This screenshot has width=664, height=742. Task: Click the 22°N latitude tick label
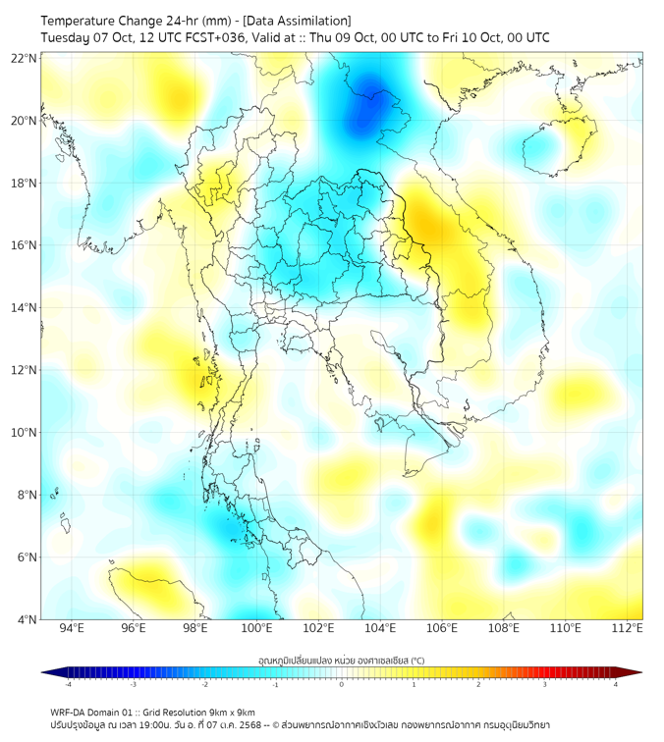(25, 59)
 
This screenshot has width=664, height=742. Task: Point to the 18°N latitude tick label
(25, 184)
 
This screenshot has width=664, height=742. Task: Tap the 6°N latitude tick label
(27, 557)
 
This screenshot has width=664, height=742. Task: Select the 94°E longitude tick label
(72, 629)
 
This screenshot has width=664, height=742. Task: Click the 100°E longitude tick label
(256, 629)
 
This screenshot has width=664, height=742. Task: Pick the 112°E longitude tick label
(627, 629)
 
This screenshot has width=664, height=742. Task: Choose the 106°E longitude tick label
(442, 629)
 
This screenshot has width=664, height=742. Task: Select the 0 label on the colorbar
(342, 684)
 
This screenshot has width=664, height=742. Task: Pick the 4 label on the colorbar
(616, 684)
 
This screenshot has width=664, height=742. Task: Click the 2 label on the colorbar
(478, 684)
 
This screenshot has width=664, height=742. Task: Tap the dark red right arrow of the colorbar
(636, 672)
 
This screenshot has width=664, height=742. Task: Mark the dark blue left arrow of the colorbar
(48, 672)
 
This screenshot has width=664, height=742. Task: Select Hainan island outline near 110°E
(557, 144)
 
